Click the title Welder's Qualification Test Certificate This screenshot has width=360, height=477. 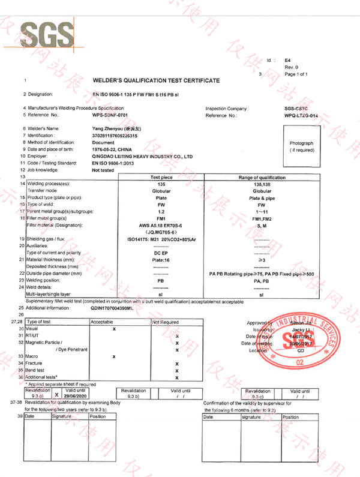click(x=156, y=80)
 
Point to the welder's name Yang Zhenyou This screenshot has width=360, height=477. click(x=118, y=128)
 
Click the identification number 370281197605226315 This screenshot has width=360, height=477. click(x=119, y=136)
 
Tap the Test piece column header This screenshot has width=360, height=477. click(x=161, y=178)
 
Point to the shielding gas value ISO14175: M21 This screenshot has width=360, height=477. click(x=161, y=239)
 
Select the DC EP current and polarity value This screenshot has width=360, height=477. click(x=161, y=253)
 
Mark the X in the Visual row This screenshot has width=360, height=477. click(x=113, y=329)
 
